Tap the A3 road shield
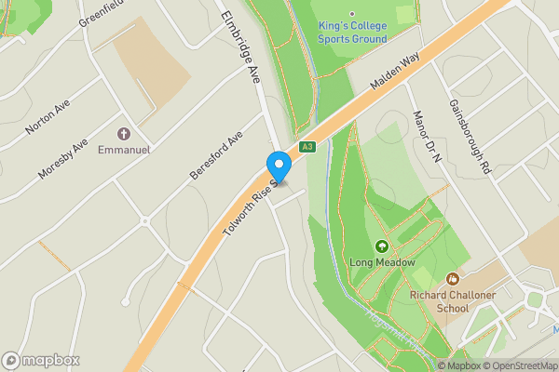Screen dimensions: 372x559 click(x=307, y=147)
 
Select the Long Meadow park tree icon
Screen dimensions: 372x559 click(x=381, y=246)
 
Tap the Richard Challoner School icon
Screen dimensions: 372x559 click(x=453, y=278)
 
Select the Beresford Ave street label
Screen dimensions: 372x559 click(x=215, y=154)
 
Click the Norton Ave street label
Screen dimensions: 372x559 click(x=48, y=118)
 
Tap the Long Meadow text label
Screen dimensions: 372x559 click(x=381, y=262)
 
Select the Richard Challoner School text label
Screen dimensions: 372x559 click(x=453, y=303)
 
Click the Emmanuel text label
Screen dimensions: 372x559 click(x=124, y=149)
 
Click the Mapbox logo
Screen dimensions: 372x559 click(x=41, y=360)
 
